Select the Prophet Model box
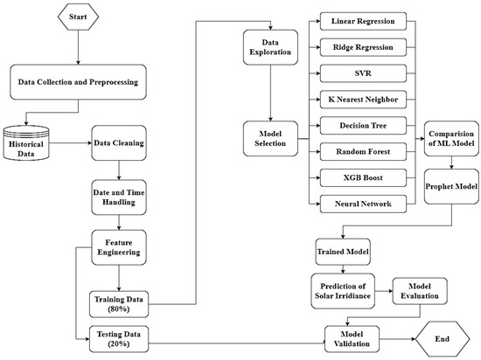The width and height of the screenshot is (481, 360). (450, 186)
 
